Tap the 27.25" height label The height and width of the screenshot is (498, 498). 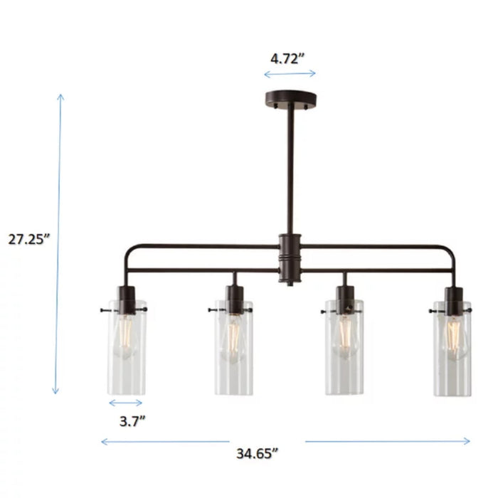coord(28,240)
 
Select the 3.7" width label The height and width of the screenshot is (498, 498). coord(132,421)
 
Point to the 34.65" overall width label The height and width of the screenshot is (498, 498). coord(257,452)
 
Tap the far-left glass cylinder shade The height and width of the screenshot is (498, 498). coord(128,349)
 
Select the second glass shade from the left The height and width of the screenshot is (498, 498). coord(233,349)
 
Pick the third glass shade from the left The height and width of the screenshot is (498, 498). coord(345,349)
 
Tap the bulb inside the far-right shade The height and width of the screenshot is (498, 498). coord(452,336)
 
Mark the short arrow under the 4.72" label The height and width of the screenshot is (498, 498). coord(290,74)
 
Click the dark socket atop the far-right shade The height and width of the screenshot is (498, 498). coord(451,299)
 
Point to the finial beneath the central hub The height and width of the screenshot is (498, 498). coord(289,284)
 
